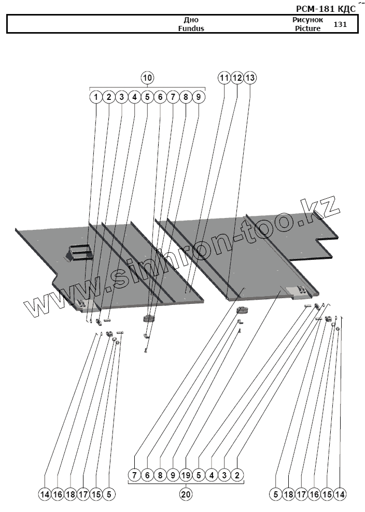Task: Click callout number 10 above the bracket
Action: pyautogui.click(x=148, y=78)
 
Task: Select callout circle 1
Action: pyautogui.click(x=96, y=97)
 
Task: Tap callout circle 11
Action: pyautogui.click(x=224, y=78)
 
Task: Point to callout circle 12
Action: pyautogui.click(x=237, y=78)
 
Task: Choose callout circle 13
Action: pyautogui.click(x=250, y=78)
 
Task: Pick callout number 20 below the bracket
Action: pyautogui.click(x=186, y=494)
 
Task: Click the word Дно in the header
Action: pyautogui.click(x=191, y=20)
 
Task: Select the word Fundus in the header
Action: pyautogui.click(x=191, y=28)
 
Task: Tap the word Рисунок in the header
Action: pyautogui.click(x=308, y=20)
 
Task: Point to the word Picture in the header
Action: pyautogui.click(x=308, y=28)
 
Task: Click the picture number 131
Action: pyautogui.click(x=341, y=24)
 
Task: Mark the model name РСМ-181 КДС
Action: pyautogui.click(x=325, y=8)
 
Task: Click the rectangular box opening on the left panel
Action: pyautogui.click(x=78, y=252)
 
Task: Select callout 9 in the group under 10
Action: pyautogui.click(x=199, y=97)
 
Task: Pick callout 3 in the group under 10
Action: pyautogui.click(x=121, y=97)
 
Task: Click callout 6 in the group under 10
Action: pyautogui.click(x=160, y=97)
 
